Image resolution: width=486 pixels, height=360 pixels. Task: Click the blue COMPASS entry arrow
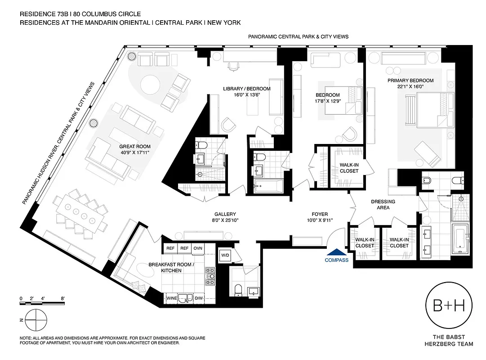coord(336,253)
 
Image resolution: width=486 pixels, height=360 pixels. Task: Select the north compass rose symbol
coord(36,319)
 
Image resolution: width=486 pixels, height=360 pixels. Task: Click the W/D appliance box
coord(224,256)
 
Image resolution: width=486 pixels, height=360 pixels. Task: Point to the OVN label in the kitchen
coord(198,248)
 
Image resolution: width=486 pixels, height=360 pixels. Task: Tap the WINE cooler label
coord(171,298)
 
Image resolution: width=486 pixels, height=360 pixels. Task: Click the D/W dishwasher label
coord(199,298)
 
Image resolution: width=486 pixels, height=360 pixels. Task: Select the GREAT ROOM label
coord(135,149)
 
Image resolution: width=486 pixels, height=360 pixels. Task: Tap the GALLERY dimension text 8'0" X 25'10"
coord(225,220)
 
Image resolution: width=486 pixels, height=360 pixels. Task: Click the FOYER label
coord(320,214)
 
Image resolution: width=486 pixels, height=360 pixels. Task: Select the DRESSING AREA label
coord(383,205)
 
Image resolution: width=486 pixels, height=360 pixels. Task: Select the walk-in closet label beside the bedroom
coord(349,168)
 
